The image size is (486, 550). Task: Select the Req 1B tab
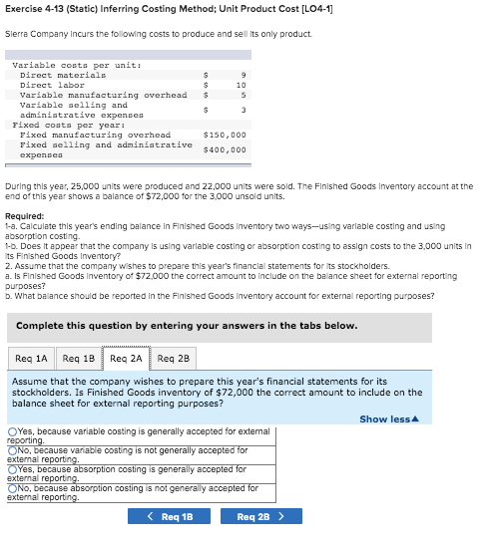79,358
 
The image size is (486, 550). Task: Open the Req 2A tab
127,358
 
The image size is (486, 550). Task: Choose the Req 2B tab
175,358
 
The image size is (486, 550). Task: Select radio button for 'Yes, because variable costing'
12,431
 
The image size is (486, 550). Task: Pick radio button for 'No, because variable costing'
12,450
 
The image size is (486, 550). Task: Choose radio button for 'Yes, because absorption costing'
12,469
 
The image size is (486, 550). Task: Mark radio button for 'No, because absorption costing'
12,488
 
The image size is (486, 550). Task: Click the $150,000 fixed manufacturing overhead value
224,135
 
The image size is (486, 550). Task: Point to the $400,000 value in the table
224,149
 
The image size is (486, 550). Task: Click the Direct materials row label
63,75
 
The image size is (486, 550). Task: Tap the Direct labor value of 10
241,85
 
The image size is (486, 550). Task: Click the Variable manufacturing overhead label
104,95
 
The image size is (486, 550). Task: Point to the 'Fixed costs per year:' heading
55,125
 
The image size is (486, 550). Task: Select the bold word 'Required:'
24,216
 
